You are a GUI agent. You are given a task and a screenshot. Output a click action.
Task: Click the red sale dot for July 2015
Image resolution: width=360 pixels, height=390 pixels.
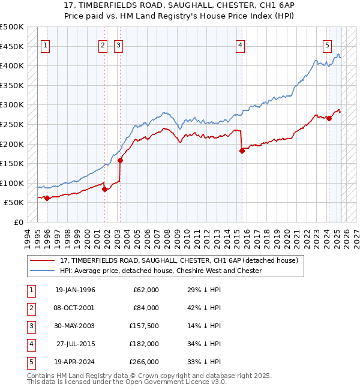[x=242, y=151]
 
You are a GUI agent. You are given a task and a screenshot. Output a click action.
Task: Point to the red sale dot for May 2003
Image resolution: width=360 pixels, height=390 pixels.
[x=120, y=160]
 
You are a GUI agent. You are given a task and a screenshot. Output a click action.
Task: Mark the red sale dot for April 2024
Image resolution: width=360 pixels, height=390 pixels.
[x=329, y=118]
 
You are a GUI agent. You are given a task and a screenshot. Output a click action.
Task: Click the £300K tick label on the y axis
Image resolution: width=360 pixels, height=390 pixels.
[x=12, y=104]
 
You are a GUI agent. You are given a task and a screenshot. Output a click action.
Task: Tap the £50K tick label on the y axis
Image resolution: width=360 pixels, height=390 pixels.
[x=14, y=203]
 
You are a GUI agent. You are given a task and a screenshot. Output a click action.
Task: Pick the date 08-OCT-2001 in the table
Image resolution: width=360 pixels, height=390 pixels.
[x=74, y=308]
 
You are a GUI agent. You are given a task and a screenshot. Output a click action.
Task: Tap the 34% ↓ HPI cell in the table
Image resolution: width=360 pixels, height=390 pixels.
[x=205, y=344]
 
